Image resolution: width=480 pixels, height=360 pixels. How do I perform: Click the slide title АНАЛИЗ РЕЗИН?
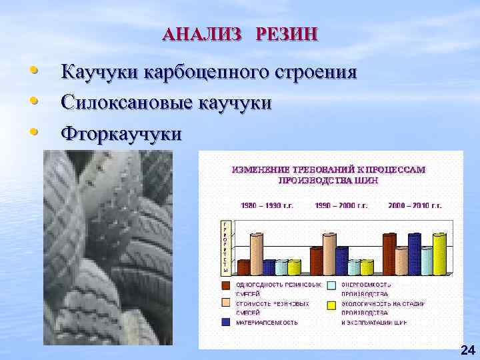click(241, 34)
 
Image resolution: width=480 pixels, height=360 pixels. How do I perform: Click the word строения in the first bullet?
click(314, 72)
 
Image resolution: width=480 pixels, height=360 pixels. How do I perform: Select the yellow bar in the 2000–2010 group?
click(439, 254)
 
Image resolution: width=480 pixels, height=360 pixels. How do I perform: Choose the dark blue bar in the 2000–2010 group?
click(414, 254)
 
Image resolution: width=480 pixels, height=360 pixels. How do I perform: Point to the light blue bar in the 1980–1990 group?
click(282, 267)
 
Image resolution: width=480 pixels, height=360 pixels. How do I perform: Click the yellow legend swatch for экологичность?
click(331, 304)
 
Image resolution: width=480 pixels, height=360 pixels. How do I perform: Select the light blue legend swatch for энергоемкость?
click(331, 285)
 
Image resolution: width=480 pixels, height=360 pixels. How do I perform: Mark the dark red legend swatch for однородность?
click(226, 285)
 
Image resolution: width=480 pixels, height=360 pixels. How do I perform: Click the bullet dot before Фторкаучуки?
click(33, 132)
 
